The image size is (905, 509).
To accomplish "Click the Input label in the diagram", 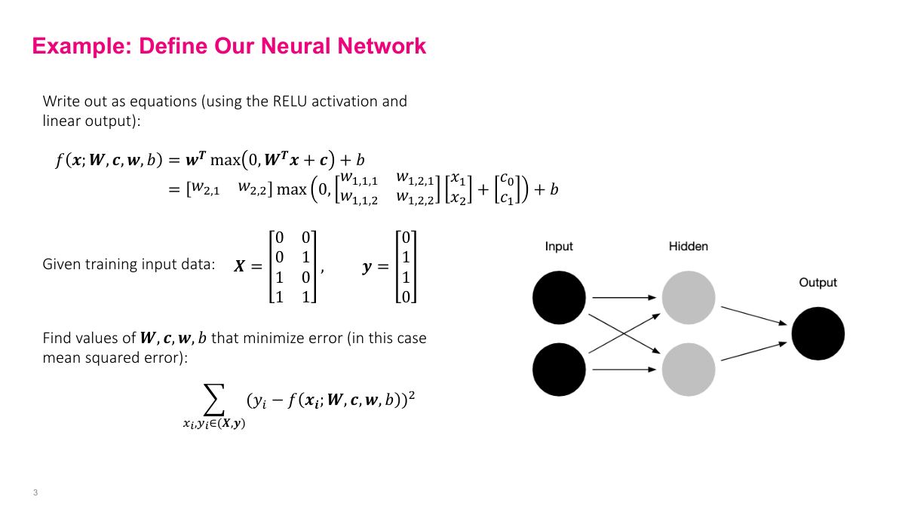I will coord(559,247).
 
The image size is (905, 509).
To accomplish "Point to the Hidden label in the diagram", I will coord(688,247).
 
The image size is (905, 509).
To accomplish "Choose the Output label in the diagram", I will coord(818,283).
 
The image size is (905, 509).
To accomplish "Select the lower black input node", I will coord(559,369).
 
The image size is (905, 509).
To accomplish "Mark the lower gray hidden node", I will coord(688,369).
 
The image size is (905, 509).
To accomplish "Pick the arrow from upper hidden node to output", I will coord(754,315).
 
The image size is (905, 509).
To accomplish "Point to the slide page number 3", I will coord(35,493).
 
